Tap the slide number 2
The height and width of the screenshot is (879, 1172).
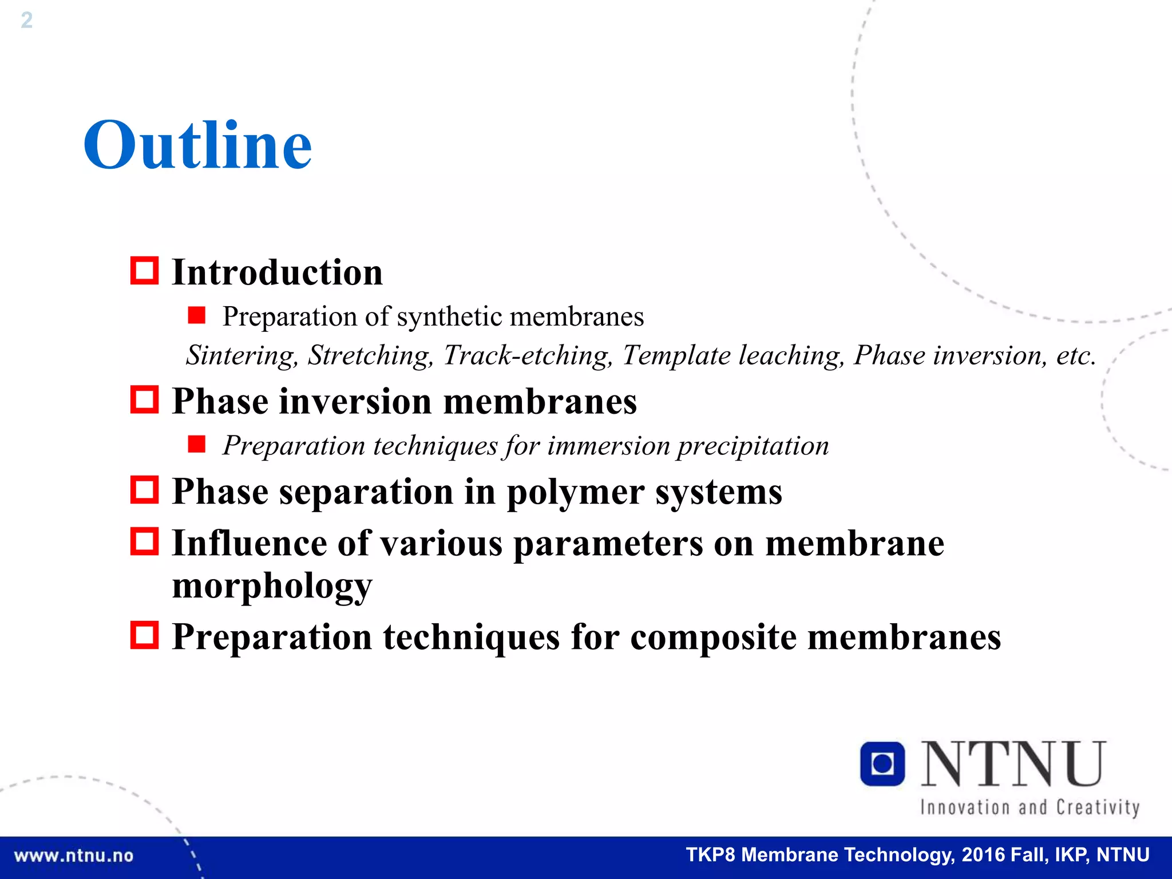click(26, 21)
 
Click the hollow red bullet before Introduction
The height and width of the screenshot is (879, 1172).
click(144, 271)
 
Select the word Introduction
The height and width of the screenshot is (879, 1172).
click(278, 272)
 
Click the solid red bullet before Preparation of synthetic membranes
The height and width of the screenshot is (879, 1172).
click(196, 315)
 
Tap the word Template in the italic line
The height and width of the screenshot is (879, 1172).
click(676, 355)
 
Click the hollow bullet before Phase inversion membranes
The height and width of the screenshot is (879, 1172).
click(144, 399)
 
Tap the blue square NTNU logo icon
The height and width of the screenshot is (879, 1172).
click(882, 763)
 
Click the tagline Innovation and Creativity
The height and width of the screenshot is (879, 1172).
click(1030, 807)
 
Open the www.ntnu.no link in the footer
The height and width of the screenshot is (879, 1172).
click(73, 856)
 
